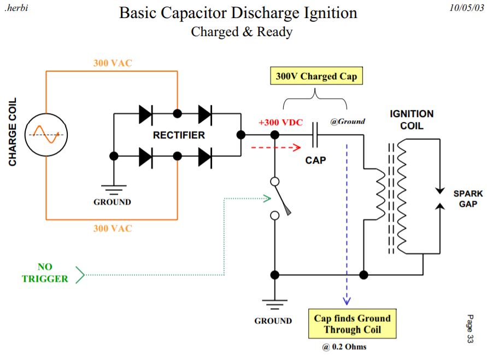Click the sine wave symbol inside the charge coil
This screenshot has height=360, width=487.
tap(46, 134)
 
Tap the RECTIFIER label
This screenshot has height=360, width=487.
tap(179, 135)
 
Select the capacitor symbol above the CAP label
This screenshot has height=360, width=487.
tap(315, 135)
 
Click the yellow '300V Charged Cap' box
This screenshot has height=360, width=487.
tap(316, 76)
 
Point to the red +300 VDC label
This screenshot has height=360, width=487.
tap(281, 122)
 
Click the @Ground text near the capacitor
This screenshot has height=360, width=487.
tap(348, 121)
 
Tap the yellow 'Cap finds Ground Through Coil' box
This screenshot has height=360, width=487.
tap(352, 324)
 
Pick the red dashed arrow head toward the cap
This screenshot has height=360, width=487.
tap(297, 147)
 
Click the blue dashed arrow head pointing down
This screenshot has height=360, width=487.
tap(347, 301)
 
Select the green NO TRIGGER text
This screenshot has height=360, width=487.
tap(45, 272)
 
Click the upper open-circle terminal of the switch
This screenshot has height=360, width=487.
tap(275, 181)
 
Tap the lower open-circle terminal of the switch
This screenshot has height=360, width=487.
tap(275, 215)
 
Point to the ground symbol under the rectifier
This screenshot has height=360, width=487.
tap(114, 189)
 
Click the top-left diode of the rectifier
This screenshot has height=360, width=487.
tap(146, 114)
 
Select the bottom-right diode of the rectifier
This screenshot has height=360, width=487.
tap(205, 156)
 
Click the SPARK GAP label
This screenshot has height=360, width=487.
tap(468, 199)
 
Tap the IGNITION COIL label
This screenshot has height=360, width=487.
tap(412, 120)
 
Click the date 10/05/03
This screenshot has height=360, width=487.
tap(466, 8)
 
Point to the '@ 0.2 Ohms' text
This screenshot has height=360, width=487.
tap(344, 347)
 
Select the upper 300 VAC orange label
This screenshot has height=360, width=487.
tap(113, 63)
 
